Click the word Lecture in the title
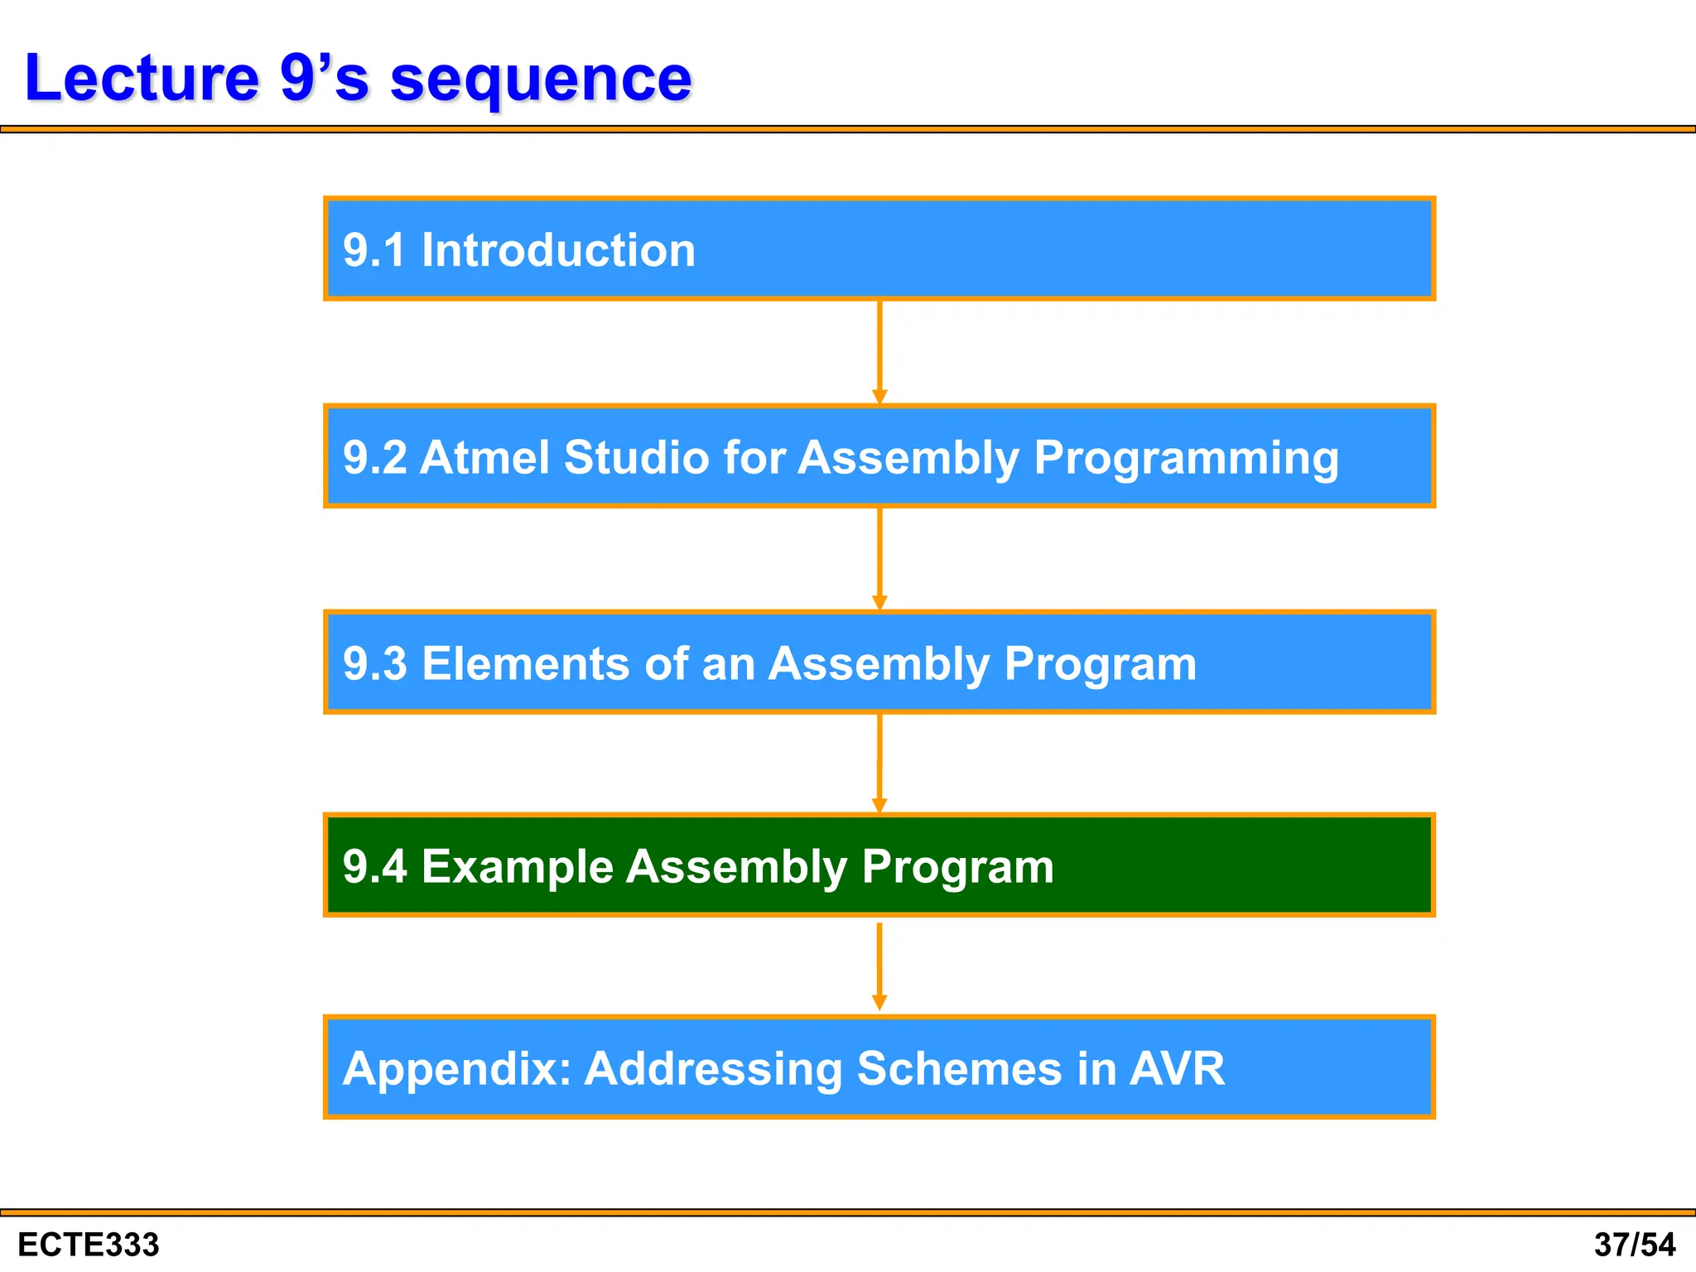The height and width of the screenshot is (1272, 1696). [x=142, y=78]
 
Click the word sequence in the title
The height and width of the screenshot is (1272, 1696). [x=541, y=79]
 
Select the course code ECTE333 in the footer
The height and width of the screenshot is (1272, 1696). [x=88, y=1245]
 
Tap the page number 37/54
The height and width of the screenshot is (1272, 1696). [x=1635, y=1245]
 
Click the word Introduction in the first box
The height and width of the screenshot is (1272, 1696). [x=558, y=250]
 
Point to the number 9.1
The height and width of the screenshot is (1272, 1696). [x=374, y=250]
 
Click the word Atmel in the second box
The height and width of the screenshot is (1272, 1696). [x=484, y=457]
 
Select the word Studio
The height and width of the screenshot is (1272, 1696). [x=636, y=457]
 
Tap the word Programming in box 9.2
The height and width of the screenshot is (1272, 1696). [x=1186, y=459]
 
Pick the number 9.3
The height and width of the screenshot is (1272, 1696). [x=374, y=663]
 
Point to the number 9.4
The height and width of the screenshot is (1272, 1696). [x=374, y=867]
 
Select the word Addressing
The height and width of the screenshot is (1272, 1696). [x=713, y=1069]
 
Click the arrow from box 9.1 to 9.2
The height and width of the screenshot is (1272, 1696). [x=879, y=352]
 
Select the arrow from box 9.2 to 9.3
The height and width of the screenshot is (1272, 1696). [x=879, y=559]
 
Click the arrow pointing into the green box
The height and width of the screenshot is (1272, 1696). [x=879, y=763]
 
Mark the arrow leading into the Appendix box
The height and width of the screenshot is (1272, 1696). [x=879, y=966]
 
